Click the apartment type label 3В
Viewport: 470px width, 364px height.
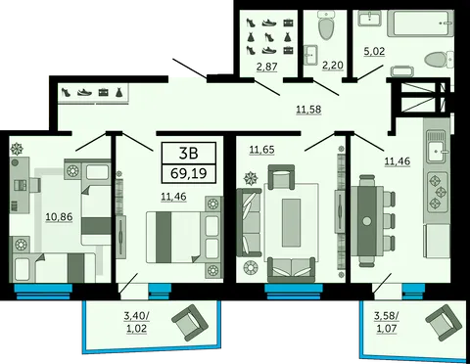(x=189, y=153)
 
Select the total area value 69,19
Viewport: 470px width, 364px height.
(x=189, y=173)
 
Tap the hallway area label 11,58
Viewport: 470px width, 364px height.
(x=308, y=110)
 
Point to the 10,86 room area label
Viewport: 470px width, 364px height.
(x=59, y=216)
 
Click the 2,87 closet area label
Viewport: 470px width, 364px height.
(x=267, y=67)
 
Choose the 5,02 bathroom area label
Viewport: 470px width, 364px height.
(x=374, y=51)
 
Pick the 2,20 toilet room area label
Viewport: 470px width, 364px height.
(x=333, y=66)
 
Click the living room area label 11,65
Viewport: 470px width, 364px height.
(x=261, y=150)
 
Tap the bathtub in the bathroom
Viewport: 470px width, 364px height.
(x=420, y=23)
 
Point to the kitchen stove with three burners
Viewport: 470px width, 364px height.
(x=438, y=191)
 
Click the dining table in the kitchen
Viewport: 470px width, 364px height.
(x=367, y=221)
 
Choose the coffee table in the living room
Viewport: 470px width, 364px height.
(x=291, y=223)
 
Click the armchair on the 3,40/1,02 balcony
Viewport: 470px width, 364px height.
(x=190, y=322)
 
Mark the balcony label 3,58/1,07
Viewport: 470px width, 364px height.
(x=387, y=322)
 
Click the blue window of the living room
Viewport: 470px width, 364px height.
(x=294, y=292)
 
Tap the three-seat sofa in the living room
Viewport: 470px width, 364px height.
(x=249, y=222)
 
